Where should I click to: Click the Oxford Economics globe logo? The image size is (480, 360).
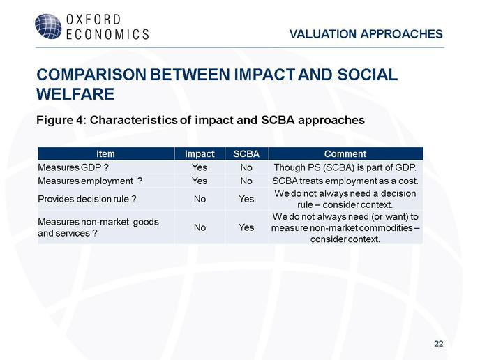pos(48,27)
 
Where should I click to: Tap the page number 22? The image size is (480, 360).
pos(438,344)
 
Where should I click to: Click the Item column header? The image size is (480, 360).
pos(105,153)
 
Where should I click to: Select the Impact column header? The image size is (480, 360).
pos(200,153)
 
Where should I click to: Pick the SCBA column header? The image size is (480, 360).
pos(246,153)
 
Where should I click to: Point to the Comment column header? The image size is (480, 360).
pos(345,153)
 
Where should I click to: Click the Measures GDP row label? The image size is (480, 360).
pos(73,167)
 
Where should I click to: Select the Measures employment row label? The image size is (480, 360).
pos(90,181)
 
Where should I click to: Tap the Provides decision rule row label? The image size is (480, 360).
pos(87,199)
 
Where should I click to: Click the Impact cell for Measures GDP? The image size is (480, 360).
pos(200,167)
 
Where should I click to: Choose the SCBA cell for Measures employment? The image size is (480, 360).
pos(246,181)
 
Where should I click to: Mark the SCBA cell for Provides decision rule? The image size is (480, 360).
pos(246,199)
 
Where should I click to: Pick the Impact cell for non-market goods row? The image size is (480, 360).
pos(200,227)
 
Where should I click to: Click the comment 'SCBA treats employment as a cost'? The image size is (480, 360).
pos(345,181)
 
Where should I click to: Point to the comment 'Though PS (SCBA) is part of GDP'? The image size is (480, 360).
pos(345,167)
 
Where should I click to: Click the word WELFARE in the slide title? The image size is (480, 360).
pos(75,93)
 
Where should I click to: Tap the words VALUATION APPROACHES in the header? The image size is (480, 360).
pos(366,34)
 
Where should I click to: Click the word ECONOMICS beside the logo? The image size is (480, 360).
pos(107,34)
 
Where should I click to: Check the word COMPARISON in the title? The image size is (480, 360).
pos(91,75)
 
